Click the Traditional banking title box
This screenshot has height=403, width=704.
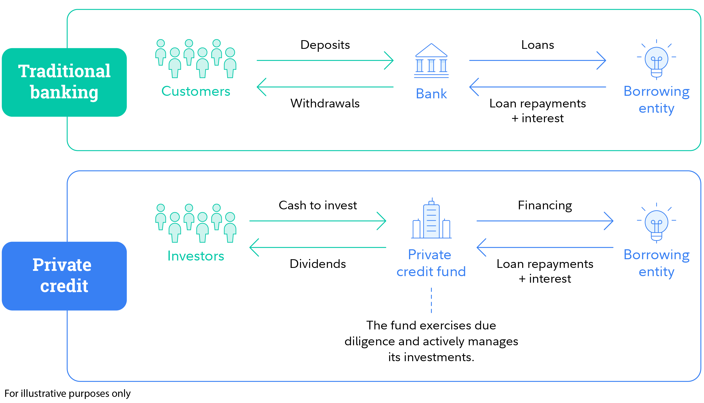(x=64, y=82)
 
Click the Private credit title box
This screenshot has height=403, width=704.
(x=64, y=276)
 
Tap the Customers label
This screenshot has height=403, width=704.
(x=196, y=91)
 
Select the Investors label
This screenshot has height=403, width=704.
(x=196, y=256)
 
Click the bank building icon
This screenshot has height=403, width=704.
(x=431, y=61)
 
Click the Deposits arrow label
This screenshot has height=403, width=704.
(x=325, y=45)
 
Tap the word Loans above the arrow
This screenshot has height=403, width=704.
(x=538, y=45)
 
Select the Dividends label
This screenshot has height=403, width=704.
(x=318, y=264)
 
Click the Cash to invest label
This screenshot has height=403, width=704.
(x=318, y=205)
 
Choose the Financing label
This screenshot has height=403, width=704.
(x=545, y=205)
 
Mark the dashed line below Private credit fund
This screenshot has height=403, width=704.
(x=431, y=300)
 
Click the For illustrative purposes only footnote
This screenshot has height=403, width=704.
(x=67, y=393)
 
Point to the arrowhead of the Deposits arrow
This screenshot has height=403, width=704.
(x=390, y=60)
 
